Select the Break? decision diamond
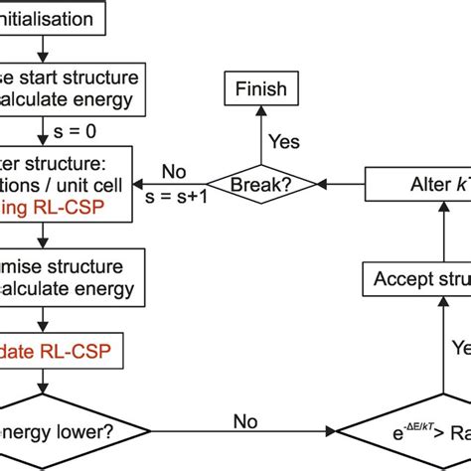click(259, 184)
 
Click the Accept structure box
click(417, 279)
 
